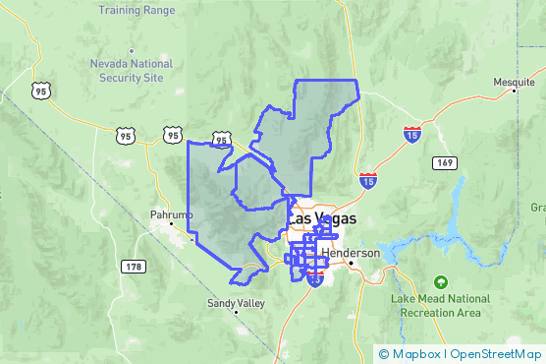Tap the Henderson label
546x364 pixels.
point(350,253)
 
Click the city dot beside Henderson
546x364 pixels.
point(351,264)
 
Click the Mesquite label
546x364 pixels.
point(514,82)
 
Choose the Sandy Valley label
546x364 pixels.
point(236,304)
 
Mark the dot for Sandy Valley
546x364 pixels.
point(236,314)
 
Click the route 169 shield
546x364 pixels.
point(446,161)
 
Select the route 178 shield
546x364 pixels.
point(134,267)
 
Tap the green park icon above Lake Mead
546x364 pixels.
point(441,281)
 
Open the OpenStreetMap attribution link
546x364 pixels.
point(495,353)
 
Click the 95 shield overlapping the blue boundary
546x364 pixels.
point(221,141)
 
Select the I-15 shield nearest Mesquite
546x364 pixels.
point(411,134)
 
